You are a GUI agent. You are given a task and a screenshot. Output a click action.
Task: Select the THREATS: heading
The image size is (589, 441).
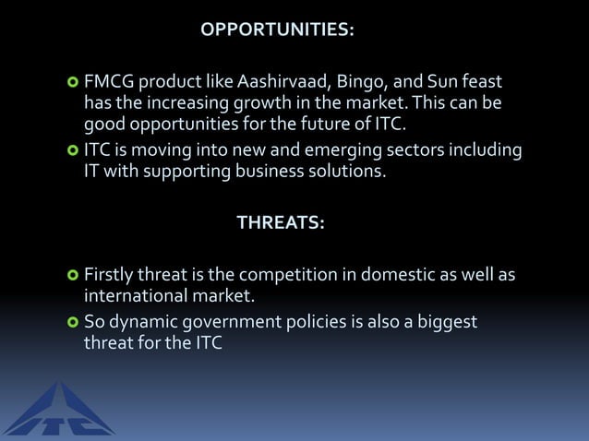[281, 222]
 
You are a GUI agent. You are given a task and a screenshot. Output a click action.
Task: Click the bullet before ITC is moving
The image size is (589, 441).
[72, 149]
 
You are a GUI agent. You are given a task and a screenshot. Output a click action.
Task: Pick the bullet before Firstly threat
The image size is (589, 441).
[72, 276]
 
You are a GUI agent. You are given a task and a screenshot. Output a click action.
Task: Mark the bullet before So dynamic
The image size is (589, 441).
[72, 324]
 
